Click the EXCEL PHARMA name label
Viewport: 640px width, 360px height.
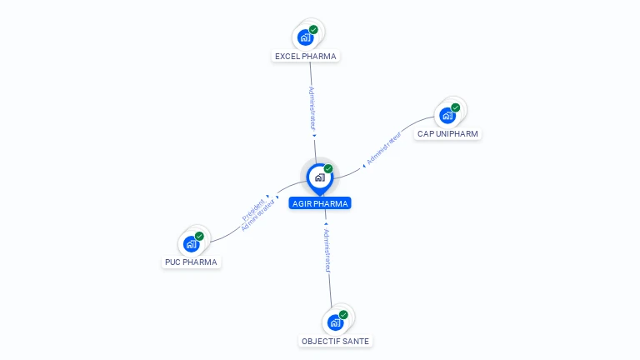[x=306, y=57]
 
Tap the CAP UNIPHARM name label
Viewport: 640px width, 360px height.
[x=448, y=133]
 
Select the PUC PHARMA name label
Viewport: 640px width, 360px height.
[x=191, y=262]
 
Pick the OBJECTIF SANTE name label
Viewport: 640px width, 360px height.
[x=335, y=341]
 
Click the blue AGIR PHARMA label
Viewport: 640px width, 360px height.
[x=320, y=203]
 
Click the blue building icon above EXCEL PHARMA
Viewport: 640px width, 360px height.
[x=305, y=37]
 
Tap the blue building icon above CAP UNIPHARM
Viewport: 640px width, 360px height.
[x=447, y=115]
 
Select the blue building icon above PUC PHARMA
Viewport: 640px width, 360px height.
[x=191, y=243]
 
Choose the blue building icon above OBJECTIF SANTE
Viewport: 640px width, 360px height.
[x=335, y=322]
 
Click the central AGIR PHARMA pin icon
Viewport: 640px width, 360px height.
[x=319, y=177]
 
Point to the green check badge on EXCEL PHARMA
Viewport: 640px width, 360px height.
[x=313, y=30]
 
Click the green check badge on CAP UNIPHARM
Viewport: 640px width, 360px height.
[x=456, y=107]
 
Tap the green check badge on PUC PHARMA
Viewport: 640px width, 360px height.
[x=199, y=236]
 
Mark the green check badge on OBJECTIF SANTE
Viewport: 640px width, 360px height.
[x=343, y=315]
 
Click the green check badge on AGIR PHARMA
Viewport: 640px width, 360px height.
[x=328, y=169]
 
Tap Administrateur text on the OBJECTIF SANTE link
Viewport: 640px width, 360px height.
[x=327, y=251]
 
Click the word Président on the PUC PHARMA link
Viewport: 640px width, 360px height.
[x=253, y=209]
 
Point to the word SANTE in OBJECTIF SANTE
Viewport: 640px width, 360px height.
[x=354, y=341]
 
